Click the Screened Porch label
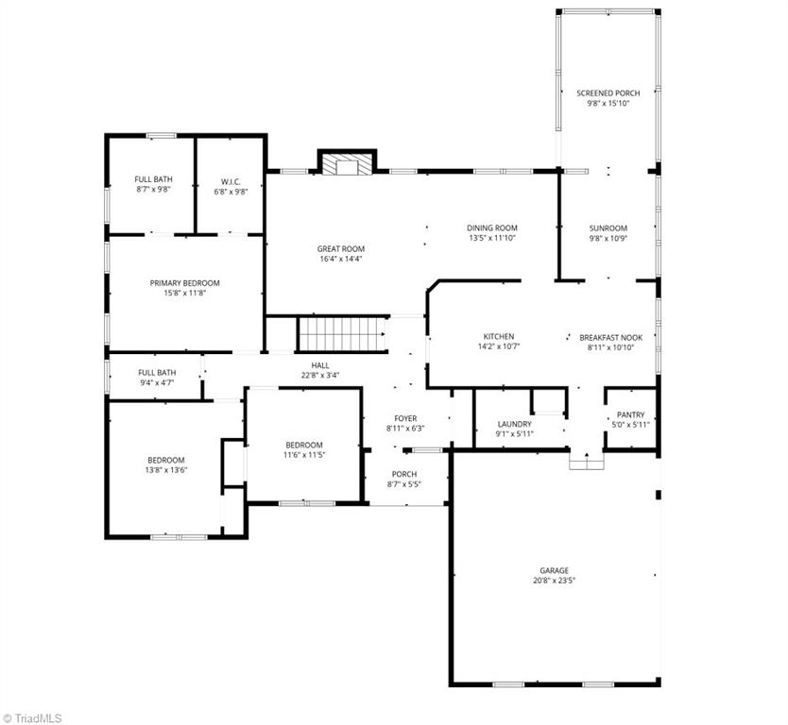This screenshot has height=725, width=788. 608,93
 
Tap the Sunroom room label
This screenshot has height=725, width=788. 608,228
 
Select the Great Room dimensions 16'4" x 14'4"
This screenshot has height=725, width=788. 340,259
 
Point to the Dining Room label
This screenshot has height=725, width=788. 492,228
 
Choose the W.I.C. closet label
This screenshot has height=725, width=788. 231,179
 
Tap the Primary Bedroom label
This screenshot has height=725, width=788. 184,283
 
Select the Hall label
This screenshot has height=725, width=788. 320,365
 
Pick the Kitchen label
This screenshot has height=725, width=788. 499,336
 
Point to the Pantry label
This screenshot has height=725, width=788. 630,414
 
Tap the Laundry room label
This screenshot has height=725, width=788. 515,424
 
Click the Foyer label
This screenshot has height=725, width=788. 405,418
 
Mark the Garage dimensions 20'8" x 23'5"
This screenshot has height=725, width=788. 554,581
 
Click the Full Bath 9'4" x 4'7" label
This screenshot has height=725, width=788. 157,372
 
